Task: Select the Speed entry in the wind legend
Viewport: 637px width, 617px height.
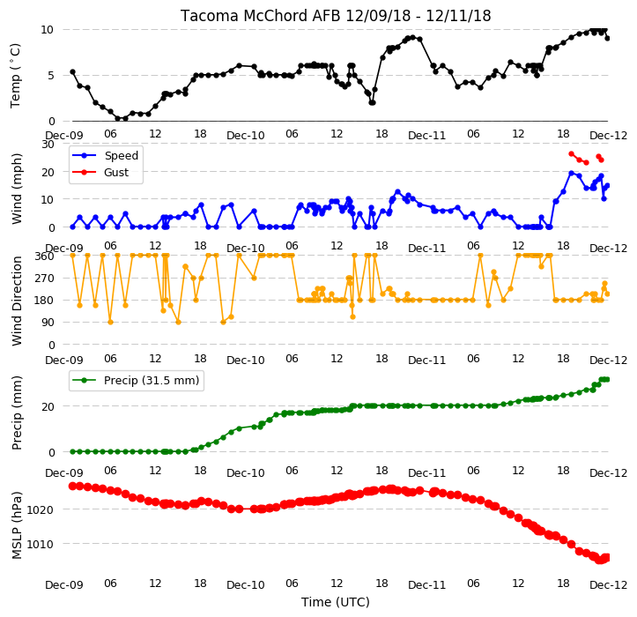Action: pos(121,156)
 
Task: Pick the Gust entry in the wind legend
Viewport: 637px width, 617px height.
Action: pos(116,173)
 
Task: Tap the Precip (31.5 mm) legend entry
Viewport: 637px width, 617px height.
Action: pos(152,381)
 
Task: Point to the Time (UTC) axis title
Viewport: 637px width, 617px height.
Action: pos(335,602)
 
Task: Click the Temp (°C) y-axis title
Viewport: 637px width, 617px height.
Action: pos(15,76)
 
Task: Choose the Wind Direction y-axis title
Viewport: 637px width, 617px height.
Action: pos(17,301)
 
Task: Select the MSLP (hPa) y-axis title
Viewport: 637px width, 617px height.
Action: pos(17,525)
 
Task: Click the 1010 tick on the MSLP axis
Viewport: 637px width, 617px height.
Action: pos(41,544)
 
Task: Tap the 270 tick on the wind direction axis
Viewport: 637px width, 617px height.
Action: pos(46,279)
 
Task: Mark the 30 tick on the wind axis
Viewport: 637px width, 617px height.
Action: pos(48,145)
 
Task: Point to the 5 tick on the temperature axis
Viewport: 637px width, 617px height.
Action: pos(51,76)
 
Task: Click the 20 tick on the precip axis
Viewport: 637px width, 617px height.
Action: pos(48,407)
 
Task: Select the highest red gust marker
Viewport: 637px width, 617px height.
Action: pos(571,153)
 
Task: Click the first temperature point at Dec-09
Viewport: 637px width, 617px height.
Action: pos(73,72)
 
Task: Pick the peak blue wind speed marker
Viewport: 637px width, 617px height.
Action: pos(571,173)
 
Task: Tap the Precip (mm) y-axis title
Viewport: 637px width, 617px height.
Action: pos(17,413)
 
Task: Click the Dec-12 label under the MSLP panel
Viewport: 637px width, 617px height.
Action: pos(608,585)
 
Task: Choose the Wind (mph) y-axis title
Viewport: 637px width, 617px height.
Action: pos(17,189)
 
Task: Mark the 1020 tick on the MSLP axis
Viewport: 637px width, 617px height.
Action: pos(41,509)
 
